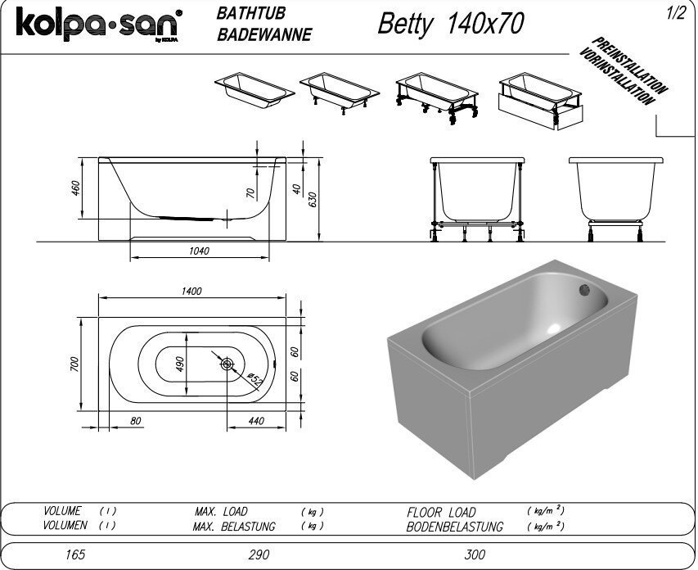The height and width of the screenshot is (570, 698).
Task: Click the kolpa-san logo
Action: click(99, 24)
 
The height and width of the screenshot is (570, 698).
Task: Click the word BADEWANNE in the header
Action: click(264, 34)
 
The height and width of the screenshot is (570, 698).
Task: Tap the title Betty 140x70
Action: click(451, 24)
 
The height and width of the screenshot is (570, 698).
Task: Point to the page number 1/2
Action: click(676, 13)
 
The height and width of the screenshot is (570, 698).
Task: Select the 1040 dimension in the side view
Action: click(199, 251)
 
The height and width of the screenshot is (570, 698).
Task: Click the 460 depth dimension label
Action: click(75, 188)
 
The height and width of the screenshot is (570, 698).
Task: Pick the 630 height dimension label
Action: click(312, 199)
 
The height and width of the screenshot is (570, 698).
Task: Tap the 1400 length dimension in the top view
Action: click(191, 291)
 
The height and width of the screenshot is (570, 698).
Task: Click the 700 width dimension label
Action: click(74, 364)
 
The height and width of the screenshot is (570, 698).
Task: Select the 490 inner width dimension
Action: click(179, 364)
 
